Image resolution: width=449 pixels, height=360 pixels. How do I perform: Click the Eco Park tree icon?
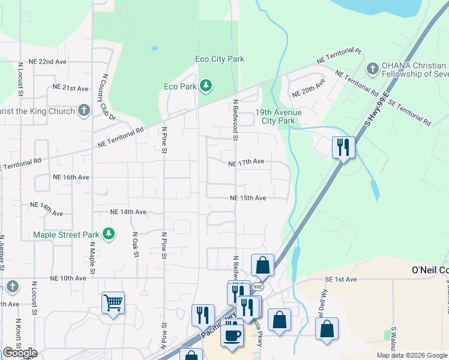[x=206, y=86]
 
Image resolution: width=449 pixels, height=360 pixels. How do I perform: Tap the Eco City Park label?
[x=220, y=59]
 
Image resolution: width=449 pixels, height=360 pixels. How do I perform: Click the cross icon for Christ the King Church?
[x=84, y=111]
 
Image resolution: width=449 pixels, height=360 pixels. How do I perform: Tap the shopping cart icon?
[x=113, y=303]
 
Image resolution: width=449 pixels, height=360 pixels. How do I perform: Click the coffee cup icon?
[x=232, y=334]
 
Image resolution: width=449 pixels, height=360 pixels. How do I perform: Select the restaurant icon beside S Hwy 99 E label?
[x=343, y=147]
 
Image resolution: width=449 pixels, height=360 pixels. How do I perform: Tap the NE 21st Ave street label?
[x=70, y=88]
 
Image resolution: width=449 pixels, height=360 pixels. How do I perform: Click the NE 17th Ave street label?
[x=246, y=162]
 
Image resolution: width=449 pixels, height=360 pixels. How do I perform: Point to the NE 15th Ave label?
[x=247, y=198]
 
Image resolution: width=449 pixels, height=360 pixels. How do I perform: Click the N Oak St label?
[x=136, y=245]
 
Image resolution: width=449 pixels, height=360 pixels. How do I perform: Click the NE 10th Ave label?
[x=68, y=278]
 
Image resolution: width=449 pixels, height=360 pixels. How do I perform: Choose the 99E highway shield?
[x=258, y=287]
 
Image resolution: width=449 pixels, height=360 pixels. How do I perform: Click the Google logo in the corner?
[x=20, y=353]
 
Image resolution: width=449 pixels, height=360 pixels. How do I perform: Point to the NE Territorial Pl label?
[x=340, y=56]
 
